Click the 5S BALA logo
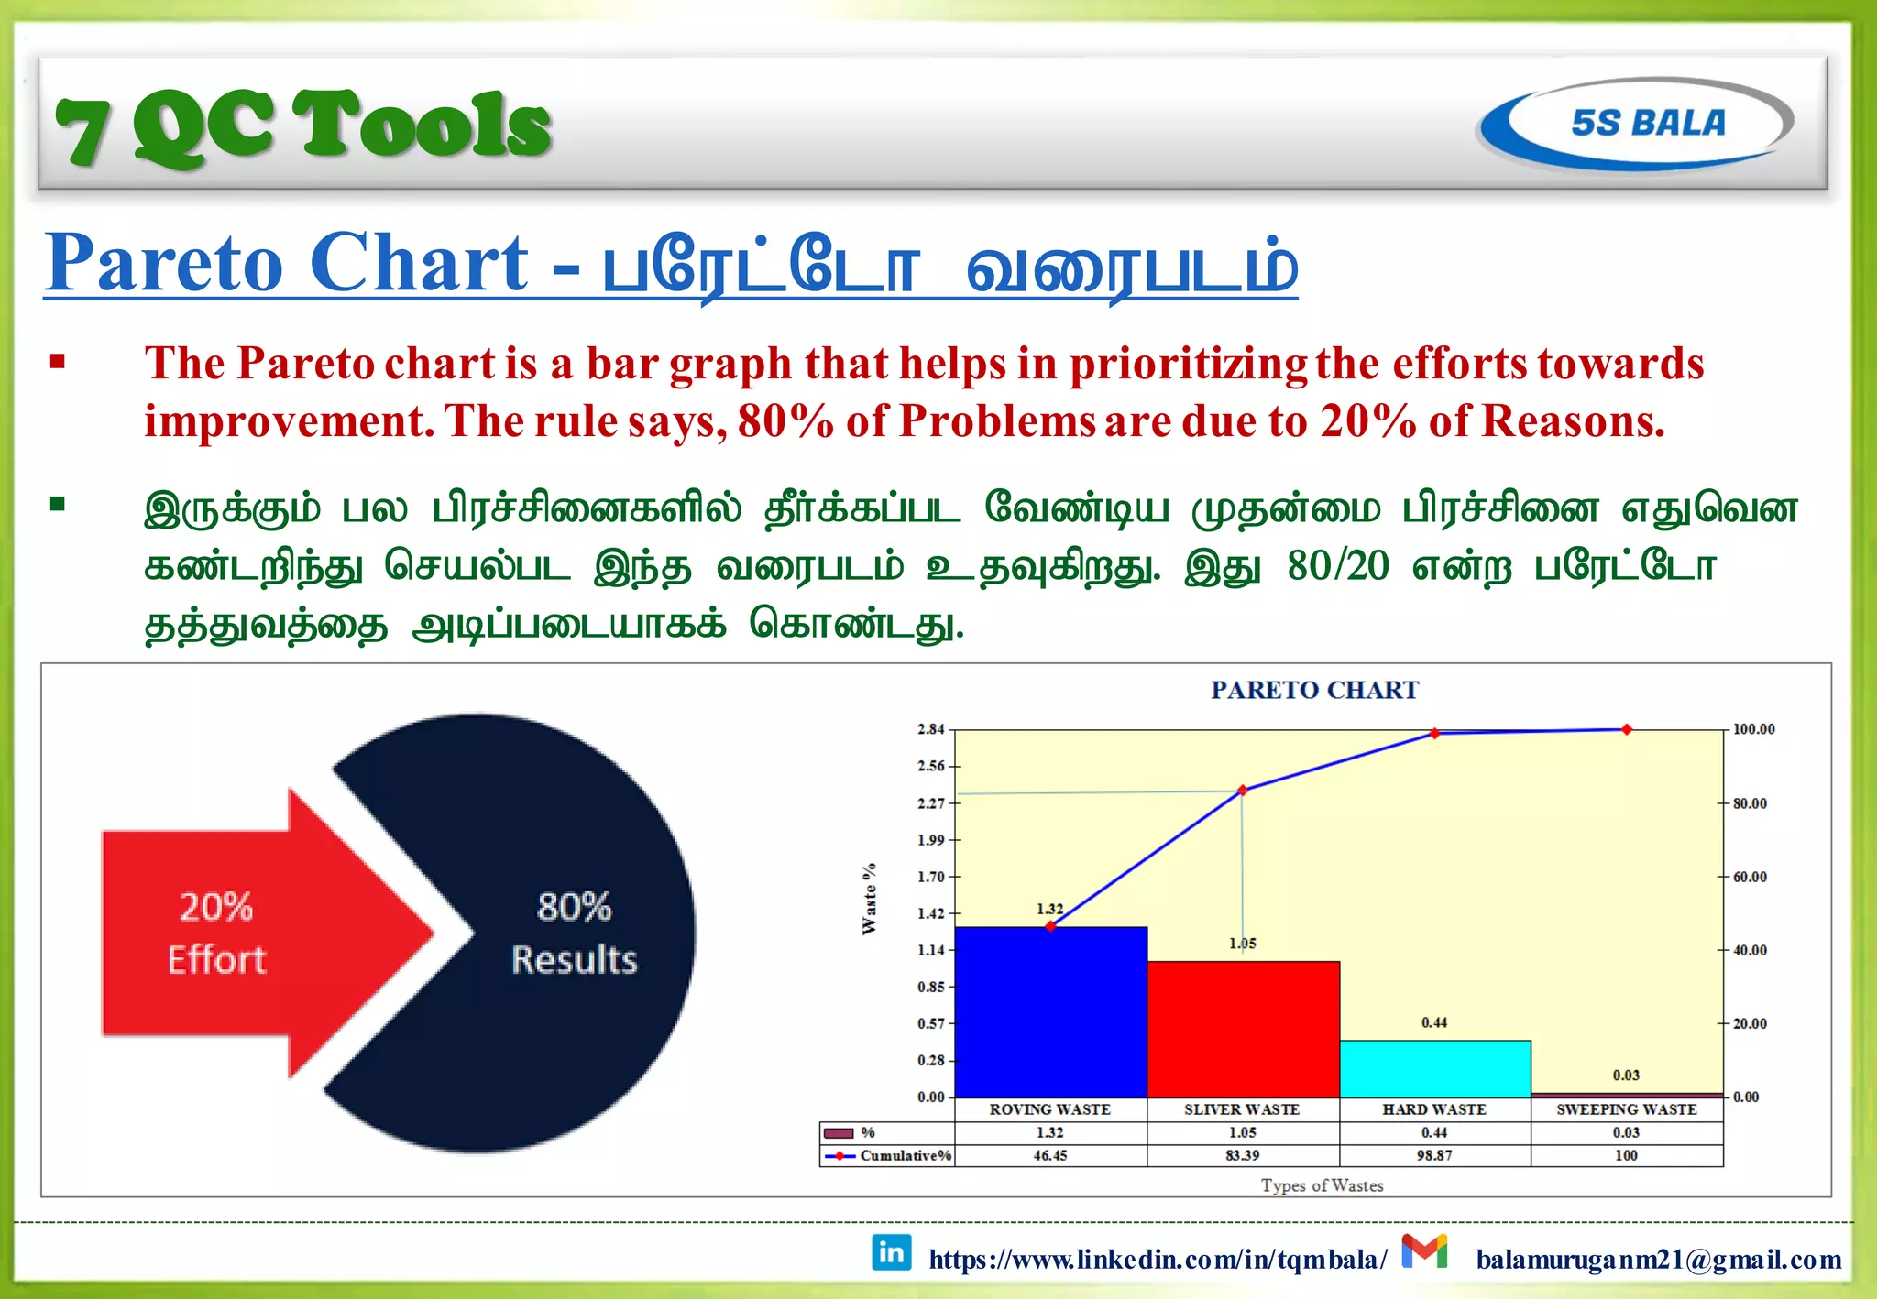1636,123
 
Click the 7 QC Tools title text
302,126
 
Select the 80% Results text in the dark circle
574,933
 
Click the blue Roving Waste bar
1050,1012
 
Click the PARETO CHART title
1314,690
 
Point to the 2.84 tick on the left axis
930,729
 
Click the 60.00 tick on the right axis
1749,877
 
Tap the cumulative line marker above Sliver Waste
1243,790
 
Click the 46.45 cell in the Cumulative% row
1050,1155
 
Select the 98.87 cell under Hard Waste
1434,1155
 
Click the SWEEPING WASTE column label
1626,1109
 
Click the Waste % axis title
869,898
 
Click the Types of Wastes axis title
1322,1185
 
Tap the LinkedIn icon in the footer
891,1252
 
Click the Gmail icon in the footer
1424,1251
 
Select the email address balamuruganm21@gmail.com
1658,1260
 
